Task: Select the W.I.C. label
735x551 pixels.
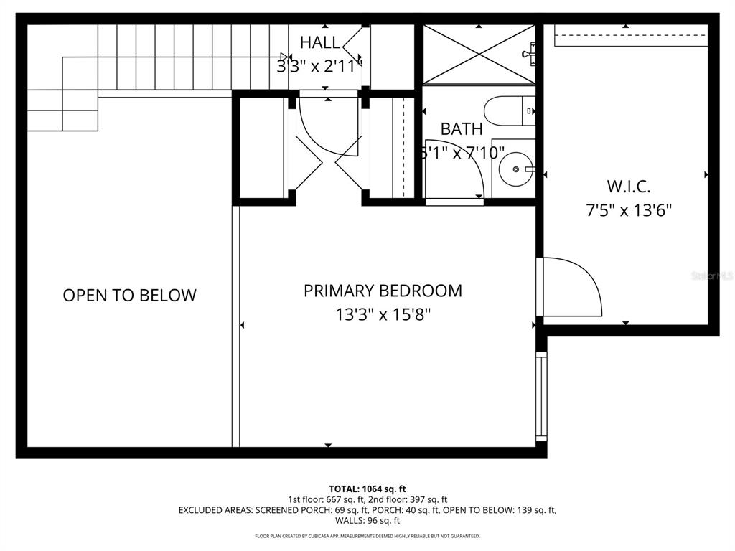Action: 628,187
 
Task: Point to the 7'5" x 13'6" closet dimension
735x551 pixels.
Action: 628,210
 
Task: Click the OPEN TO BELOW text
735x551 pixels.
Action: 129,295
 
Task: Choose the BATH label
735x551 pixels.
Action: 462,129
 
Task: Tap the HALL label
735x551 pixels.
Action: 320,42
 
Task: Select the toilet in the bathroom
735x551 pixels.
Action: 508,111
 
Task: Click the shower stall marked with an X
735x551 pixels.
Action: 478,54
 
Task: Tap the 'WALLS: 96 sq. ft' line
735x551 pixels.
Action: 367,521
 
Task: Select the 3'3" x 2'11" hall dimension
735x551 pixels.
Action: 319,66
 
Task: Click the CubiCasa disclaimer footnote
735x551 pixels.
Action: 367,536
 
